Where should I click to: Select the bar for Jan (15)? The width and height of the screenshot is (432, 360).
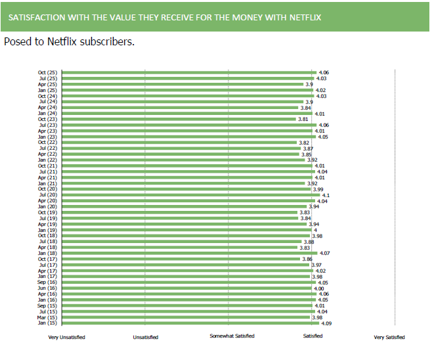[x=190, y=323]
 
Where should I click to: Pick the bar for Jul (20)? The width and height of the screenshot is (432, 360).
[x=191, y=194]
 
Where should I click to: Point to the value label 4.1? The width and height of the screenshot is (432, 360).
[x=326, y=194]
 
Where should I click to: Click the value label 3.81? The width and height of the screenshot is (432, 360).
[x=303, y=119]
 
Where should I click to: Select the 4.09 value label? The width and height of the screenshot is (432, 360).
[x=326, y=323]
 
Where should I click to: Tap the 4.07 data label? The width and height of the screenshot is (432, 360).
[x=324, y=253]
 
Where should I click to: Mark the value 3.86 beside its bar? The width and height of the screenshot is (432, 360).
[x=306, y=259]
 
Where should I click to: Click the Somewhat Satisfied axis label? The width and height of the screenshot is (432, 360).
[x=232, y=336]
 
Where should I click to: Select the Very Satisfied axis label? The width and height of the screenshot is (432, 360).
[x=389, y=337]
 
